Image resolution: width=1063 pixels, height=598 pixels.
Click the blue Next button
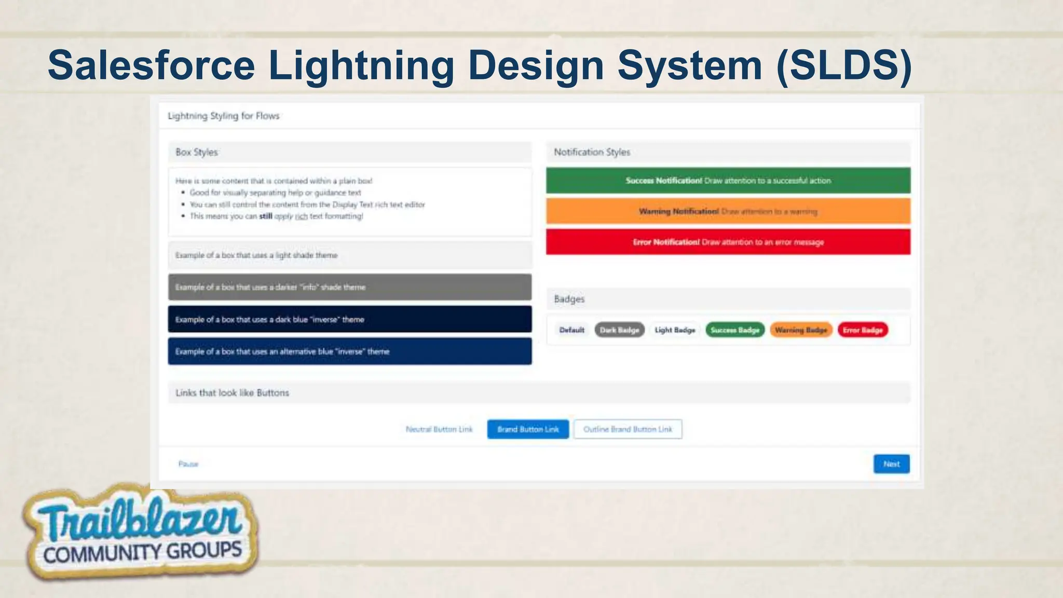click(891, 464)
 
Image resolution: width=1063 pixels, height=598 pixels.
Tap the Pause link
click(188, 464)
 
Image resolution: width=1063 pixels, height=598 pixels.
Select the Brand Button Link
click(528, 429)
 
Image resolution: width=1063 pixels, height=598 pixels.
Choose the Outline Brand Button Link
click(628, 429)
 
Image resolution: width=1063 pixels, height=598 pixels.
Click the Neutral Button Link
click(439, 429)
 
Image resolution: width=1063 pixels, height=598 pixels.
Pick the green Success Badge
click(735, 330)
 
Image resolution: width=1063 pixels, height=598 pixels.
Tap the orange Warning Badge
click(801, 330)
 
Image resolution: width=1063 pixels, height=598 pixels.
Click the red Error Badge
click(863, 330)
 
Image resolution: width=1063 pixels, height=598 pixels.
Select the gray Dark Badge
click(619, 330)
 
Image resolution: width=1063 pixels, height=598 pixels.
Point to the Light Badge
click(675, 330)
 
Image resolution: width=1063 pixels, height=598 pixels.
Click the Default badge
click(572, 330)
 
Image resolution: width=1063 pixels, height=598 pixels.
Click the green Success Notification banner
click(728, 181)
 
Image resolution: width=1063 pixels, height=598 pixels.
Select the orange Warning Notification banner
click(728, 211)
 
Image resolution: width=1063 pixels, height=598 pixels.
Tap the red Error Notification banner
click(728, 242)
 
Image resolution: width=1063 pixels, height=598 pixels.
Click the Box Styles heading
click(197, 153)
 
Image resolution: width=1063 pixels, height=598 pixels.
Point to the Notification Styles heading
click(592, 153)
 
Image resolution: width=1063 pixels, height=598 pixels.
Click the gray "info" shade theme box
click(349, 287)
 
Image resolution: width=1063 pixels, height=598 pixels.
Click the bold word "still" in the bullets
click(266, 216)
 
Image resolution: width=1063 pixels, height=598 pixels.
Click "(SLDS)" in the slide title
click(844, 65)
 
